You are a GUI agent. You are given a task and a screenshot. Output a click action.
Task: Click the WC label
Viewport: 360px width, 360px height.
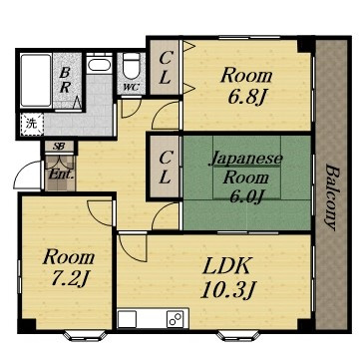pyautogui.click(x=130, y=88)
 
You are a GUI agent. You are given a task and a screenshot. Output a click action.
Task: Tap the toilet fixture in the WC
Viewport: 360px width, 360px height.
pyautogui.click(x=131, y=65)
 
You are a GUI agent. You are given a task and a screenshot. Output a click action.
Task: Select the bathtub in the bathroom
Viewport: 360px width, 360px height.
pyautogui.click(x=35, y=80)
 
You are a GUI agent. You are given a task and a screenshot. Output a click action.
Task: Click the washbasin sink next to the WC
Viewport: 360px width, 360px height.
pyautogui.click(x=100, y=63)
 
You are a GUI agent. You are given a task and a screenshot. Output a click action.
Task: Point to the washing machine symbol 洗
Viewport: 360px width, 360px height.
pyautogui.click(x=31, y=124)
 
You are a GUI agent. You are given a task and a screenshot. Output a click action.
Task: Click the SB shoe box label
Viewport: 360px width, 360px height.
pyautogui.click(x=60, y=147)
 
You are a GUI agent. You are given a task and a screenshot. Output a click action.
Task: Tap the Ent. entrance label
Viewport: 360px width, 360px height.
pyautogui.click(x=61, y=175)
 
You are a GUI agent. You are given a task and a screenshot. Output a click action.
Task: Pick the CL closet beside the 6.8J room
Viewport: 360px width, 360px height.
pyautogui.click(x=165, y=68)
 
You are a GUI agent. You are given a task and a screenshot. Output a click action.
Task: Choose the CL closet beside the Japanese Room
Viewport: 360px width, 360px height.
pyautogui.click(x=165, y=167)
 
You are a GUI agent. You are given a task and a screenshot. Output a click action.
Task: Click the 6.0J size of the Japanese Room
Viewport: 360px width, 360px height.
pyautogui.click(x=247, y=196)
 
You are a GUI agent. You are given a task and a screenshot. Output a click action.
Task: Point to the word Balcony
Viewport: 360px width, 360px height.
pyautogui.click(x=333, y=197)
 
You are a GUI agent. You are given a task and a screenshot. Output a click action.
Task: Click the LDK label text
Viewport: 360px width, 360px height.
pyautogui.click(x=226, y=266)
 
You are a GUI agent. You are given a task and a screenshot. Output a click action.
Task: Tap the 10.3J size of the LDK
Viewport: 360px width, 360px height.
pyautogui.click(x=227, y=290)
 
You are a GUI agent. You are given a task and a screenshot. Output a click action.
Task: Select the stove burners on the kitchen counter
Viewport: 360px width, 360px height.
pyautogui.click(x=176, y=318)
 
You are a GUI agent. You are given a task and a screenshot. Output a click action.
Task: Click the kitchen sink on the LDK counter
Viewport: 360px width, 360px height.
pyautogui.click(x=128, y=319)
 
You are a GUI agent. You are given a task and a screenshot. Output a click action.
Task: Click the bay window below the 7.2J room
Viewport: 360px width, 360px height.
pyautogui.click(x=85, y=335)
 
